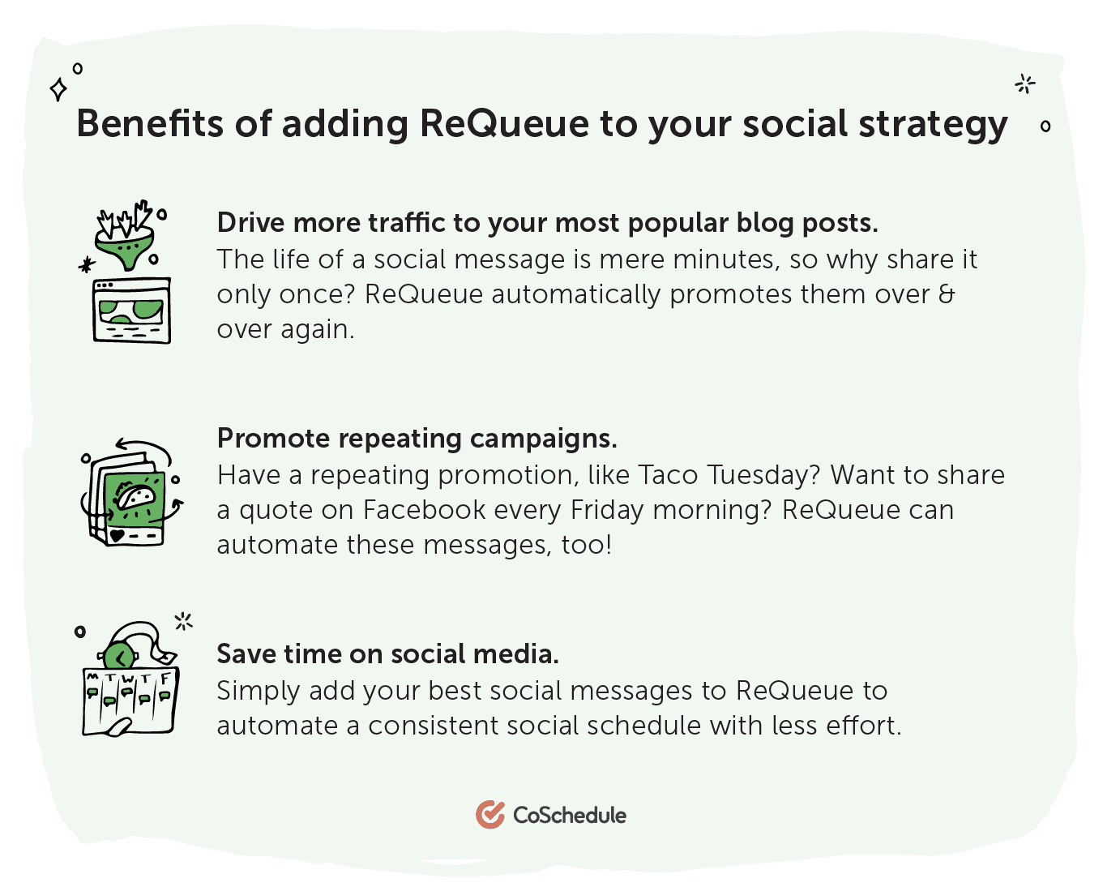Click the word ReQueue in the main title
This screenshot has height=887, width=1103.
click(x=504, y=123)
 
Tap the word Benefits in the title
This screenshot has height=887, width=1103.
click(x=150, y=123)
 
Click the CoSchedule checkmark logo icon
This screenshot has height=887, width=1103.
click(x=490, y=814)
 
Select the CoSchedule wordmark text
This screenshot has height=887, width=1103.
click(x=570, y=815)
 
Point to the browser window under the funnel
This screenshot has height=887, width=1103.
click(x=132, y=311)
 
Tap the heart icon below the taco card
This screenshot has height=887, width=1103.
click(x=117, y=536)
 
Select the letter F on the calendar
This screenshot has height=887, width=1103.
click(x=165, y=679)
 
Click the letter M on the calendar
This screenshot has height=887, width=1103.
click(x=92, y=677)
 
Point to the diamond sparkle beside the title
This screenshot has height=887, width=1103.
click(x=58, y=90)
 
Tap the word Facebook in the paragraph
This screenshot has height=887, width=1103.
click(x=425, y=510)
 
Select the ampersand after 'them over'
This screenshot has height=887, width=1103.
click(x=947, y=294)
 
